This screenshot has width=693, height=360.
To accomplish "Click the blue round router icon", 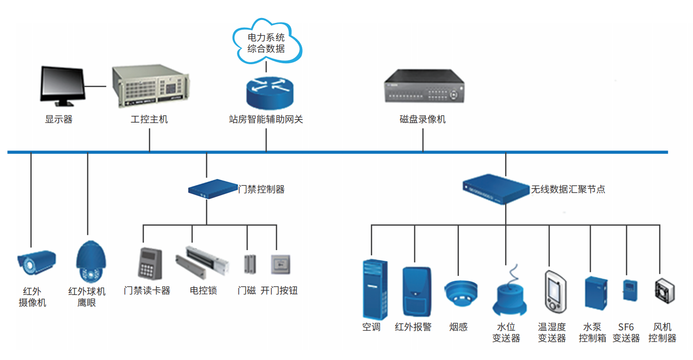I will coord(269,92).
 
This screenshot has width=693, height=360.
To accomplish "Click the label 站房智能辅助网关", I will coord(266,119).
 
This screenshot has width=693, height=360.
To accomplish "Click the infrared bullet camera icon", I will coord(36,263).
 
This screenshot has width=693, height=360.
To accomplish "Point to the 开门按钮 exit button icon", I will coord(280,264).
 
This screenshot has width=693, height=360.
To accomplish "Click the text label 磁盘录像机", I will coord(422,119).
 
